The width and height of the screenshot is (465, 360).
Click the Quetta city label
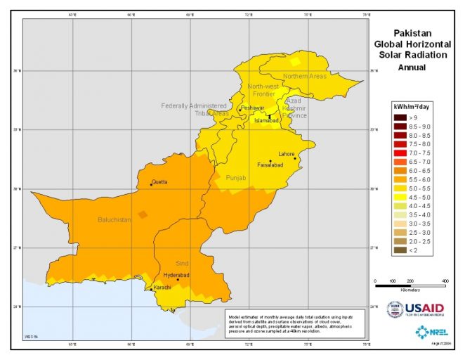click(160, 182)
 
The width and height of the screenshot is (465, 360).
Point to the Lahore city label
click(286, 153)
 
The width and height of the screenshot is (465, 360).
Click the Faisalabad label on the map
click(270, 167)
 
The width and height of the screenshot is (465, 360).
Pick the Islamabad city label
click(267, 120)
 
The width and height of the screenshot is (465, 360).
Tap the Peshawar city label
click(252, 108)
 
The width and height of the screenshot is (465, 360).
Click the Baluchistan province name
click(114, 220)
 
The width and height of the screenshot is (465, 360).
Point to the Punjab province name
click(237, 179)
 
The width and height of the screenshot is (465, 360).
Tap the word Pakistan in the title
click(412, 32)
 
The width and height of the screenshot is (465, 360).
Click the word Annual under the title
click(412, 68)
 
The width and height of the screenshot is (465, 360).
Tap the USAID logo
click(416, 309)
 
